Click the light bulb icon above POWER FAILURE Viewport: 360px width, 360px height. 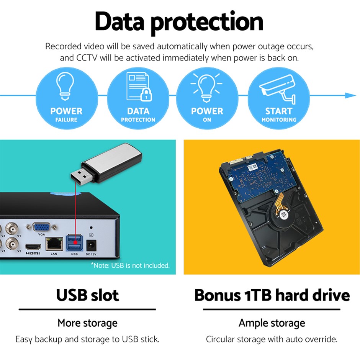point(65,86)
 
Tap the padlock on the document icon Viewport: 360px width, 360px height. point(146,95)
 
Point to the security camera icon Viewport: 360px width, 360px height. point(278,88)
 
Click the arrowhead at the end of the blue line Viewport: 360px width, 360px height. point(350,95)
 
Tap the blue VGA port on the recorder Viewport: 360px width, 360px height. point(41,227)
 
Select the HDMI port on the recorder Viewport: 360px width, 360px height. point(33,247)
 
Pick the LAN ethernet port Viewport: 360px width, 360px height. point(54,244)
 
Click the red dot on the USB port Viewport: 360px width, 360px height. point(75,242)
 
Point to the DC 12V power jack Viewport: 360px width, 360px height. point(91,245)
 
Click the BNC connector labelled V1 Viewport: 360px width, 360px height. point(11,228)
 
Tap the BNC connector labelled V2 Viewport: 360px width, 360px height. point(11,243)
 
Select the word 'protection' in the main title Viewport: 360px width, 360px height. point(207,23)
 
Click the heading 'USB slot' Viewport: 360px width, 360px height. point(87,295)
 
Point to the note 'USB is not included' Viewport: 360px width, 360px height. point(130,265)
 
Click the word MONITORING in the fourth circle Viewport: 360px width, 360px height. point(279,119)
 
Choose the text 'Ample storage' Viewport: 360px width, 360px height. point(272,323)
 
